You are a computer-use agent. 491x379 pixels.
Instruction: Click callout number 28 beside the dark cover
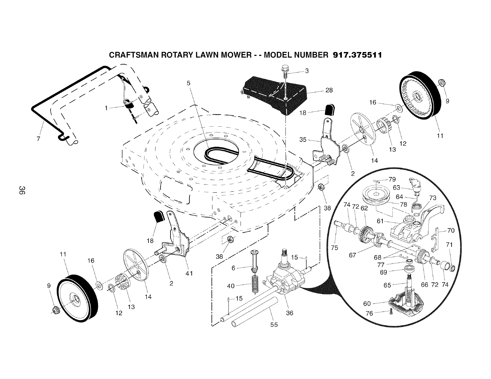tap(329, 90)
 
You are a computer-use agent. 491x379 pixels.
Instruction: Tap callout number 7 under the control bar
tap(38, 139)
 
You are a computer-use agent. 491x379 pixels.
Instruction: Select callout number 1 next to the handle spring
tap(106, 108)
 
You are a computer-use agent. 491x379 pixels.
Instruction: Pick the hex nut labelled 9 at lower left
tap(56, 309)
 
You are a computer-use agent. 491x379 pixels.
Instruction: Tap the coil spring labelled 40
tap(255, 285)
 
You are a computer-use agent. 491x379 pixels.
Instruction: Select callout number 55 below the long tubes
tap(274, 324)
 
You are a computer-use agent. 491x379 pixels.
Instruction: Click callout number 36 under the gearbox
tap(289, 313)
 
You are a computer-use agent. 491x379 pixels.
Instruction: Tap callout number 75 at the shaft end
tap(334, 247)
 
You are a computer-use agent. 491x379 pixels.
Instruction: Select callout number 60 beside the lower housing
tap(367, 304)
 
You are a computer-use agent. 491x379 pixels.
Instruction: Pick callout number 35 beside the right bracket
tap(303, 140)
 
